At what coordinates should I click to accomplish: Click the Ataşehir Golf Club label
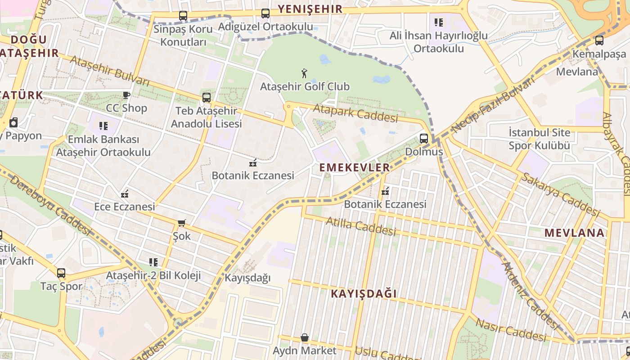coord(305,86)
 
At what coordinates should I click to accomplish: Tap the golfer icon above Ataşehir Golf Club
coord(305,73)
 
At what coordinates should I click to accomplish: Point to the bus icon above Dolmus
coord(424,139)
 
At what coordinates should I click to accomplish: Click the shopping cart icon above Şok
coord(182,223)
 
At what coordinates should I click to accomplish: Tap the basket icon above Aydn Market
coord(305,337)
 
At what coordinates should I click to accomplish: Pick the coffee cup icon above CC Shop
coord(126,95)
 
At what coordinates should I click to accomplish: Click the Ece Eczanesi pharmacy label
coord(124,207)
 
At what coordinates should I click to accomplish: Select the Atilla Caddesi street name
coord(360,226)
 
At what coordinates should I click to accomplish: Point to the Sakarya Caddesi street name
coord(560,194)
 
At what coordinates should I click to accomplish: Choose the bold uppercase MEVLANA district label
coord(574,233)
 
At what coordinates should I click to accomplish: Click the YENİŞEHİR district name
coord(310,9)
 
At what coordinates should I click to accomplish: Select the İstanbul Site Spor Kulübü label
coord(539,139)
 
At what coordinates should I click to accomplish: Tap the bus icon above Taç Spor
coord(61,273)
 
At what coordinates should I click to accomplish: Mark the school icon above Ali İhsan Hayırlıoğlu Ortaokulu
coord(439,22)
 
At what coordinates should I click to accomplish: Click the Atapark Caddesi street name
coord(355,113)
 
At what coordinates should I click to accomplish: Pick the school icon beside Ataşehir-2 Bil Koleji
coord(153,262)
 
